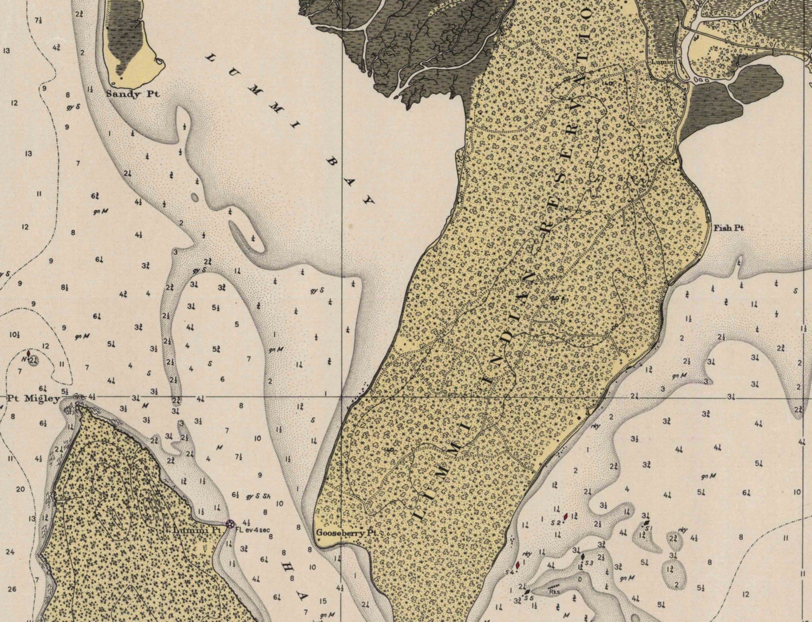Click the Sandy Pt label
click(x=133, y=94)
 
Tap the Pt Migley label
click(x=34, y=399)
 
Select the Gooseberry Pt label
click(x=346, y=533)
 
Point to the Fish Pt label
click(x=728, y=228)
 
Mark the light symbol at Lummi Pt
click(x=230, y=524)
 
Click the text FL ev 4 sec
click(x=252, y=530)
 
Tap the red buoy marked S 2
click(x=566, y=517)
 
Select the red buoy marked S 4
click(x=518, y=565)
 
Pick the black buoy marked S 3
click(x=582, y=557)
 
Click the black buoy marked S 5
click(x=527, y=591)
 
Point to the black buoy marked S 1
click(x=646, y=523)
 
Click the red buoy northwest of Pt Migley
click(x=28, y=354)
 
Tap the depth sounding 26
click(x=12, y=589)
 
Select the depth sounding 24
click(x=9, y=552)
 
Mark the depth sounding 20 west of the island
click(x=21, y=489)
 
